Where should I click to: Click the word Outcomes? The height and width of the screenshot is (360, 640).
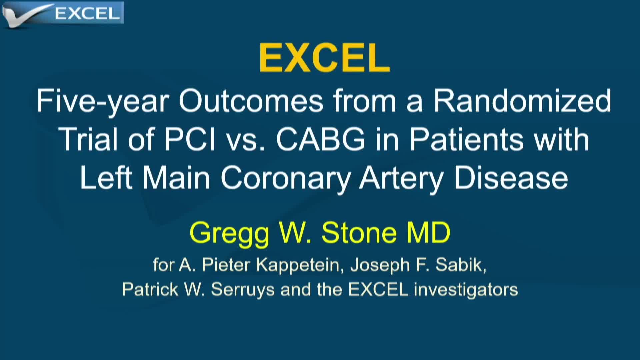(251, 101)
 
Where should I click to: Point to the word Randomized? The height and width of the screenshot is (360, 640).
(522, 101)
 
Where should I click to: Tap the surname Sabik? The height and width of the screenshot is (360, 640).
(461, 265)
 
